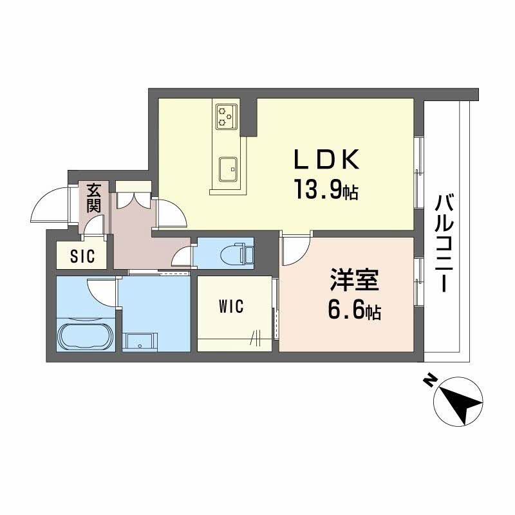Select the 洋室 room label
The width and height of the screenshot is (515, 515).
pos(353,283)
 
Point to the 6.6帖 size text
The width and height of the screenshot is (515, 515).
pos(353,312)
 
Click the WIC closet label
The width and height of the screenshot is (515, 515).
pos(231,307)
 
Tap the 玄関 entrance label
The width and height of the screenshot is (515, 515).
pos(94,198)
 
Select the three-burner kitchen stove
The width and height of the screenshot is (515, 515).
pos(225,115)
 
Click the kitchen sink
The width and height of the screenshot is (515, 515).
pos(228,170)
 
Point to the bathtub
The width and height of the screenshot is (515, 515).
pos(86,336)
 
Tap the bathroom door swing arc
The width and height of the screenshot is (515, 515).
pos(102,290)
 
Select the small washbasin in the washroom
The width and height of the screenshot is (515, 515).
pos(140,341)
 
